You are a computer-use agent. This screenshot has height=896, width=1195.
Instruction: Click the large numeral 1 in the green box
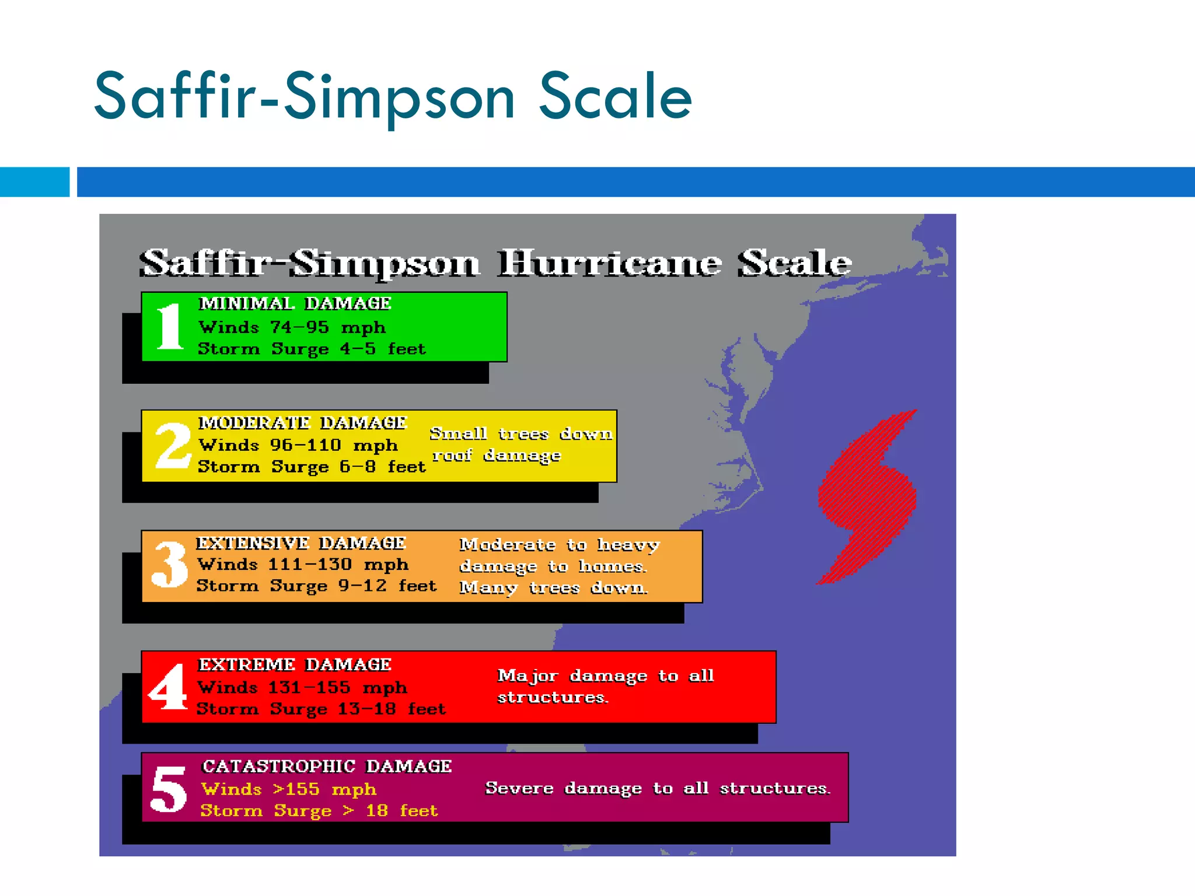tap(170, 327)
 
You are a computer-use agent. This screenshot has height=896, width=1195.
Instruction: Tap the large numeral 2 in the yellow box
tap(173, 446)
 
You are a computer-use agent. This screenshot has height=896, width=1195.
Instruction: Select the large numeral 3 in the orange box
tap(170, 564)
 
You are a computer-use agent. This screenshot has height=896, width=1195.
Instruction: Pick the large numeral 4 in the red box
tap(169, 687)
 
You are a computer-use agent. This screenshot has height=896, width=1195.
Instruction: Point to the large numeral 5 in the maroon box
tap(169, 789)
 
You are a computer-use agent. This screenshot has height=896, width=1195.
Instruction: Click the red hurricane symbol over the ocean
tap(867, 496)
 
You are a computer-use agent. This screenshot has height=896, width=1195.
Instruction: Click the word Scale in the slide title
tap(615, 97)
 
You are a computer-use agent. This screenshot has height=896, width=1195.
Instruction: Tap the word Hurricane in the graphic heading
tap(609, 263)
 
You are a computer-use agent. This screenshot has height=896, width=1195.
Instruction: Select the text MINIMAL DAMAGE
tap(295, 303)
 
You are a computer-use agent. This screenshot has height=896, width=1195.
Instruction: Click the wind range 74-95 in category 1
tap(299, 327)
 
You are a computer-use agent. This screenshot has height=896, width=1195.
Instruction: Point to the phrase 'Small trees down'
tap(520, 434)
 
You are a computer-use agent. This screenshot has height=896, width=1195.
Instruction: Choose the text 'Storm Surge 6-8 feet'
tap(312, 467)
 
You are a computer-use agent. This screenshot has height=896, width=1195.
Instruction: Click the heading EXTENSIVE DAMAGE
tap(301, 543)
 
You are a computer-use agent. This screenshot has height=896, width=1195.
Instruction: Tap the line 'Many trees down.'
tap(553, 587)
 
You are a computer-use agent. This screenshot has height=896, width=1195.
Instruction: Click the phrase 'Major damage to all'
tap(605, 675)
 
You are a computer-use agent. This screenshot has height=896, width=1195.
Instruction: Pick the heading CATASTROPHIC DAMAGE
tap(327, 766)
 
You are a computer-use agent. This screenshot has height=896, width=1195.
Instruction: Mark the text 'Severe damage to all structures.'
tap(658, 788)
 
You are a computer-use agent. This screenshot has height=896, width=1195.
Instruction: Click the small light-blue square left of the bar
tap(34, 182)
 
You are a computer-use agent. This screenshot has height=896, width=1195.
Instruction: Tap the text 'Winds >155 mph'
tap(289, 789)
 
